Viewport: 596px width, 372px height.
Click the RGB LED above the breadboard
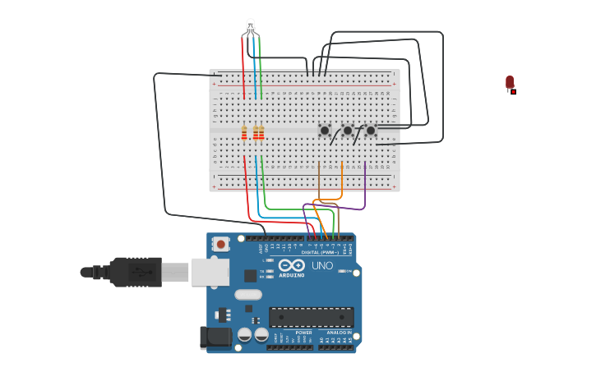point(251,26)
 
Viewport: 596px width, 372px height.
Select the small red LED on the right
point(510,82)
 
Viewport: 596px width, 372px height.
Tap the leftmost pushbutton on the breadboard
point(325,131)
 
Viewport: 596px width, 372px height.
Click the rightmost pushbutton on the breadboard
point(371,131)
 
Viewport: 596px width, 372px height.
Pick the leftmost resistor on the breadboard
point(244,132)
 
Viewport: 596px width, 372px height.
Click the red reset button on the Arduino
point(220,244)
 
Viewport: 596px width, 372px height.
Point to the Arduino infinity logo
point(291,265)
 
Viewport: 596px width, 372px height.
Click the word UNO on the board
point(322,265)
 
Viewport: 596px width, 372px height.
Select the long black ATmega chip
point(312,317)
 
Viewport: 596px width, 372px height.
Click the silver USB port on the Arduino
point(210,272)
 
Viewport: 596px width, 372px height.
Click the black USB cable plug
point(136,272)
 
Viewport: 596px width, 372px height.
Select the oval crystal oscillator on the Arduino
point(248,295)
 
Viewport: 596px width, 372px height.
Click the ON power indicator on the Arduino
point(349,271)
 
